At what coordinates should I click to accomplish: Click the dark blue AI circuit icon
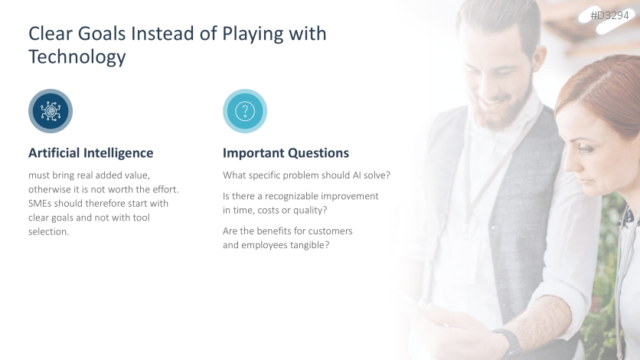pos(51,111)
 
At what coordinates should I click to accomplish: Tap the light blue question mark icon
pos(245,111)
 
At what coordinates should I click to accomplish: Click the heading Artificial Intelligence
pos(90,153)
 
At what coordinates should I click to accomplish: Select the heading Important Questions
pos(286,153)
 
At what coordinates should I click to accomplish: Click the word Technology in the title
pos(77,57)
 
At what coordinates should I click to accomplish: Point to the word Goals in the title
pos(102,34)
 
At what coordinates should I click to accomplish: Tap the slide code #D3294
pos(610,15)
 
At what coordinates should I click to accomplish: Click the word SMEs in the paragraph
pos(40,203)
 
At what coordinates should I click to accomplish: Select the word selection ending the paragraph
pos(48,232)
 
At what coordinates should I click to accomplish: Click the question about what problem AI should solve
pos(306,175)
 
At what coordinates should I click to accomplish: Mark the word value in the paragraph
pos(137,175)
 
